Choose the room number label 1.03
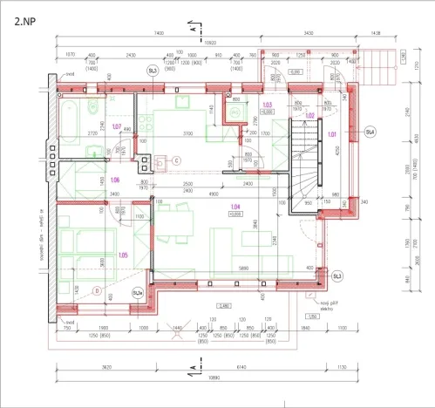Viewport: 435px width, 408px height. tap(268, 105)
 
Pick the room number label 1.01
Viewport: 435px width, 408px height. tap(331, 134)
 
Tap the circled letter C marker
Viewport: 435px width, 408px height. tap(175, 160)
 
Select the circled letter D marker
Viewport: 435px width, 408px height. tap(97, 291)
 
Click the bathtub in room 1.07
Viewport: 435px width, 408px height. tap(70, 113)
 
